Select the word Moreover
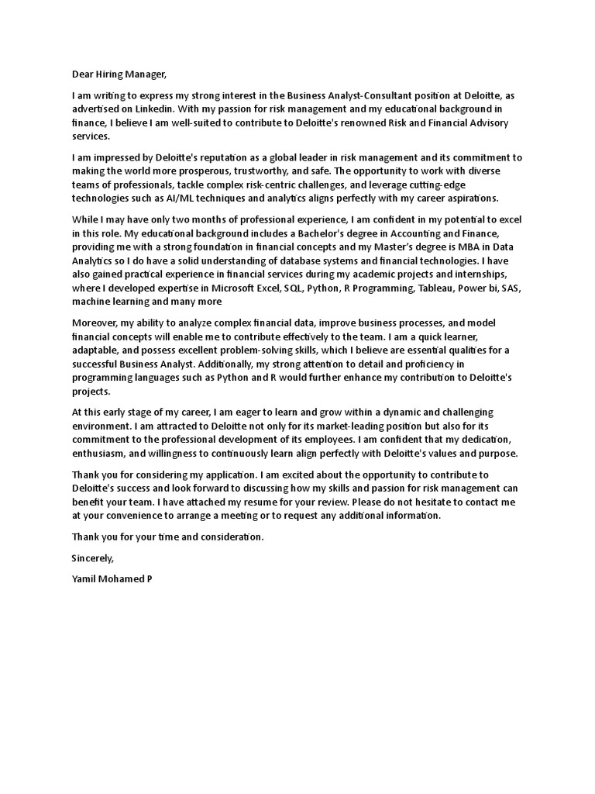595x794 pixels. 96,323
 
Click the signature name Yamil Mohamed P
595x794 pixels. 112,578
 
